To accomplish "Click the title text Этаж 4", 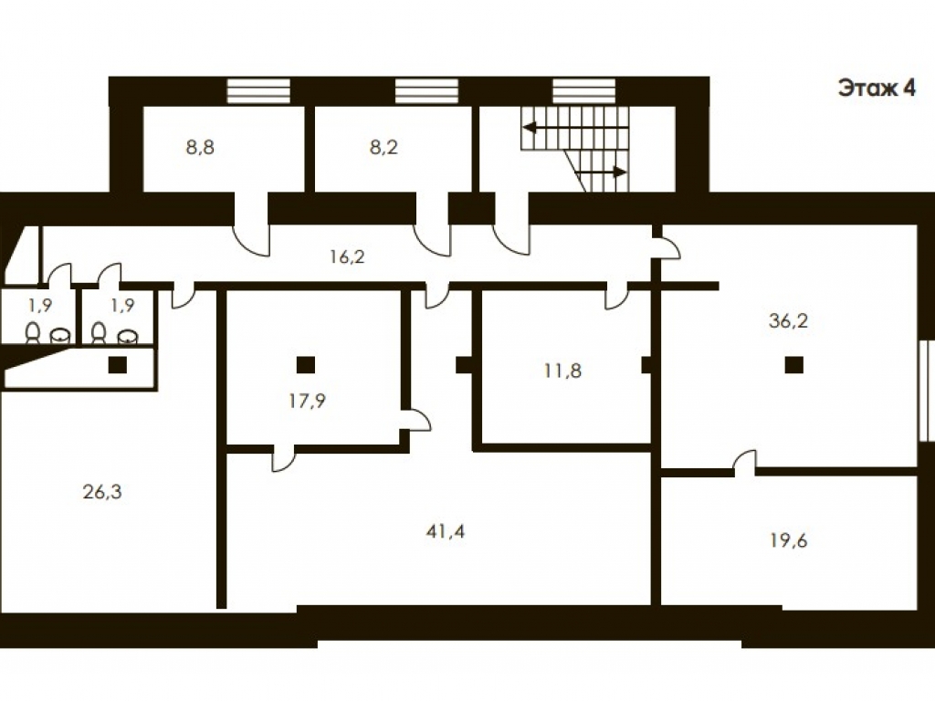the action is pos(876,89).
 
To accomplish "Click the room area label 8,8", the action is pos(200,147).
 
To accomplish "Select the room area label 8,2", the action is pos(383,147).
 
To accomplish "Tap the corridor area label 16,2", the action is pos(347,256).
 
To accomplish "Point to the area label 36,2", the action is pos(788,321).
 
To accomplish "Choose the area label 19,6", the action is pos(788,540).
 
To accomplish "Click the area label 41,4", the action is pos(446,531).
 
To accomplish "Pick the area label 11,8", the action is pos(562,371).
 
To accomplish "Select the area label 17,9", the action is pos(307,402).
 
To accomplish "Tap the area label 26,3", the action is pos(102,492).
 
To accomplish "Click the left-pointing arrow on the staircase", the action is pos(575,128).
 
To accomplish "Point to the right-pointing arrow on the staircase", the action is pos(601,173).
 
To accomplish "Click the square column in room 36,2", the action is pos(793,364).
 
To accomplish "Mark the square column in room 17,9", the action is pos(306,364).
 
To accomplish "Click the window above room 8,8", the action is pos(258,91).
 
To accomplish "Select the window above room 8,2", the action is pos(427,91).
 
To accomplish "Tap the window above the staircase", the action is pos(583,91).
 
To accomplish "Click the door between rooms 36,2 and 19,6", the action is pos(744,463).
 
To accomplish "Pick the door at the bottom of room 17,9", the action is pos(284,458).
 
